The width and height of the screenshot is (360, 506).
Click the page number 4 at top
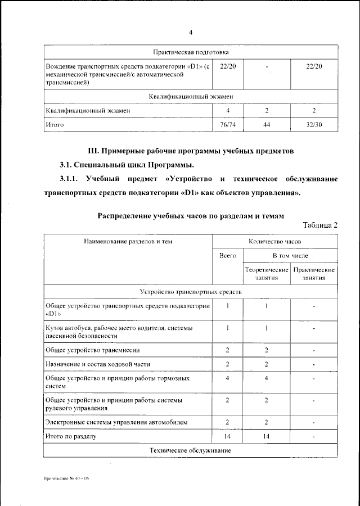point(191,31)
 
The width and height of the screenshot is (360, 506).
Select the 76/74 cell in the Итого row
point(228,124)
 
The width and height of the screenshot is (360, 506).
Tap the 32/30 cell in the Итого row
point(314,124)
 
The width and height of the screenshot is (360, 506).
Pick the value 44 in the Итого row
point(267,124)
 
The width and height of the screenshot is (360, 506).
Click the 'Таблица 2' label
point(320,225)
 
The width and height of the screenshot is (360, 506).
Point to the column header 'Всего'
point(227,256)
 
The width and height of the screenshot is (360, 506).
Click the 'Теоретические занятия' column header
point(267,274)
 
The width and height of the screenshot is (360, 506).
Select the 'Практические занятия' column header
point(314,274)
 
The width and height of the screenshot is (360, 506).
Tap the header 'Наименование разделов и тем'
point(128,241)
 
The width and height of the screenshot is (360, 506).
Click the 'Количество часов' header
point(274,241)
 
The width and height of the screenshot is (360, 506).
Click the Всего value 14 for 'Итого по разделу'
point(227,436)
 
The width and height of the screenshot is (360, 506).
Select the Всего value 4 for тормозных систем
point(227,378)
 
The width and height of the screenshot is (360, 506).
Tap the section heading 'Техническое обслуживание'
point(191,451)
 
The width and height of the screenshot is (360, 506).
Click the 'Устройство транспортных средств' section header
point(191,292)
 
